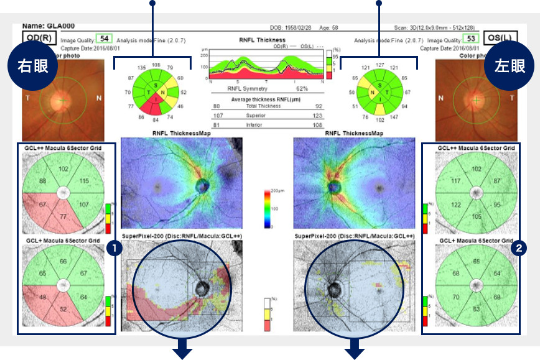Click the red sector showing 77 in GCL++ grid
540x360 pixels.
click(63, 215)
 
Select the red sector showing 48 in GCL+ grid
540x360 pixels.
click(43, 297)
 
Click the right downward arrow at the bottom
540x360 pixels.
click(355, 350)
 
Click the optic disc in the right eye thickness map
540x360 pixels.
click(203, 185)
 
